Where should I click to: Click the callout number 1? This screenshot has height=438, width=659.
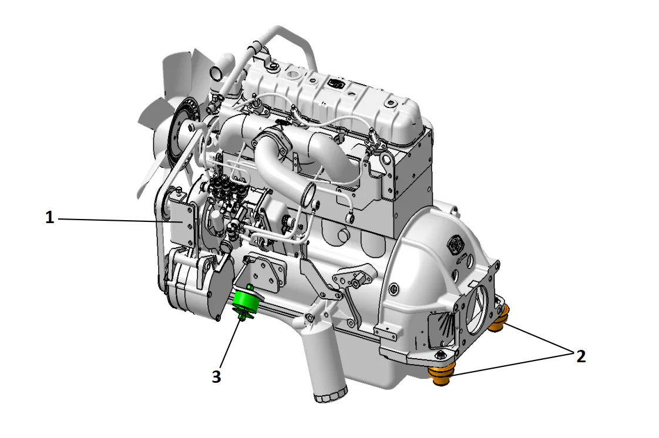pos(50,218)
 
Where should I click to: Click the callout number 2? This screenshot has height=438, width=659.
pos(580,356)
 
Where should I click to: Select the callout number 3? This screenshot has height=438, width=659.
pos(216,377)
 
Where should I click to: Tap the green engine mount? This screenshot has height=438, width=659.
pos(247,302)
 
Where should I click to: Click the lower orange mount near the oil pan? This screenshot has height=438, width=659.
pos(442,375)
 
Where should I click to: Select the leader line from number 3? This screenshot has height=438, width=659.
pos(229,346)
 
